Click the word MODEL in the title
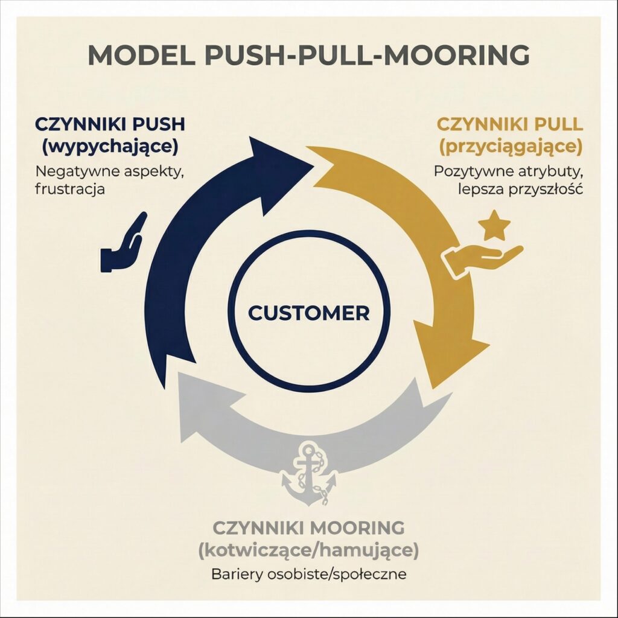point(141,55)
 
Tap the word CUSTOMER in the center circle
point(309,313)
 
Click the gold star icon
point(494,225)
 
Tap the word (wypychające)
point(110,147)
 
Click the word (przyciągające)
point(511,147)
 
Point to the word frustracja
point(70,189)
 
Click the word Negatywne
point(77,172)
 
